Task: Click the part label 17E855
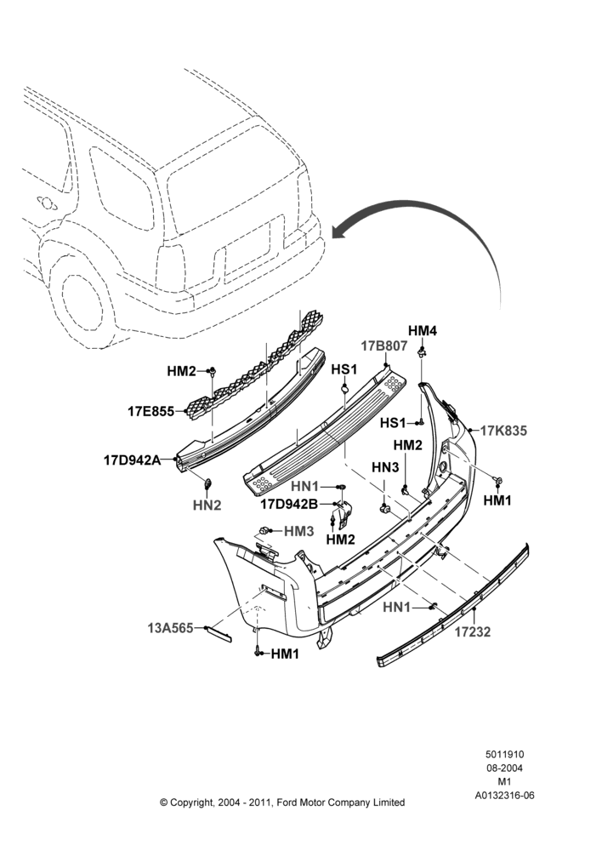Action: point(150,411)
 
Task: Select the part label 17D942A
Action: point(133,460)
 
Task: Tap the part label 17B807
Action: point(384,346)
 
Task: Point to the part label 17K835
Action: point(504,431)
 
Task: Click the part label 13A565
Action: point(170,628)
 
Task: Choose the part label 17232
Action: point(473,631)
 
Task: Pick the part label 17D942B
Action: point(289,504)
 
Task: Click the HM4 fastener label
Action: point(423,330)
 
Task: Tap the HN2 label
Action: point(207,505)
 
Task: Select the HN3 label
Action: point(385,467)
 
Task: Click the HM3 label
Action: point(298,531)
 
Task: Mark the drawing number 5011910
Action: point(504,754)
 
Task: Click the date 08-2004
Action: point(504,768)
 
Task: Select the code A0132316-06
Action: point(504,796)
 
